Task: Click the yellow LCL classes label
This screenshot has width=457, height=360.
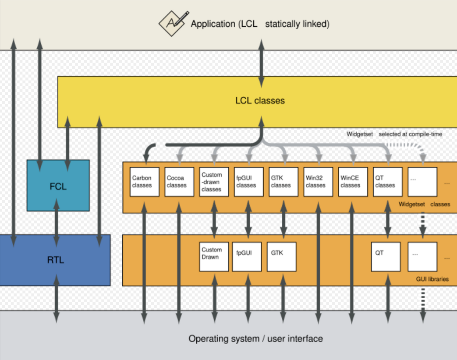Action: click(260, 101)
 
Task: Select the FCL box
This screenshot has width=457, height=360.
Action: click(58, 186)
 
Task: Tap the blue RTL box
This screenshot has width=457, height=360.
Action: click(55, 260)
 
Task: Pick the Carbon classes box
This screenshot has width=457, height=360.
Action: click(145, 182)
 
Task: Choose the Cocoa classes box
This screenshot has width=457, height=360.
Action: click(179, 182)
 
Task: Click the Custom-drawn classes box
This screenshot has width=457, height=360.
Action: click(214, 182)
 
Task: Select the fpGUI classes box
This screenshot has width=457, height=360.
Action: click(248, 182)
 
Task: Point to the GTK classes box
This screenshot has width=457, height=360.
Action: click(283, 182)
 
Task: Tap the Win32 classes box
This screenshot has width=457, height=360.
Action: click(318, 182)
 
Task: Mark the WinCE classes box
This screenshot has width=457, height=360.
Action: click(353, 182)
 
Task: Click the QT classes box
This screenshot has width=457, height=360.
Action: click(387, 182)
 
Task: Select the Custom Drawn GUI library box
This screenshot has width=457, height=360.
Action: click(214, 257)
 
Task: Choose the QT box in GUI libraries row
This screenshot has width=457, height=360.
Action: click(386, 257)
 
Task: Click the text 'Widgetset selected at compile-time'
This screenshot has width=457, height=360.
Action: click(394, 134)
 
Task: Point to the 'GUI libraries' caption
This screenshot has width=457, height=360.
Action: click(432, 279)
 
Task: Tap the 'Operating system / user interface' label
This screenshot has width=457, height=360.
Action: click(255, 339)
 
